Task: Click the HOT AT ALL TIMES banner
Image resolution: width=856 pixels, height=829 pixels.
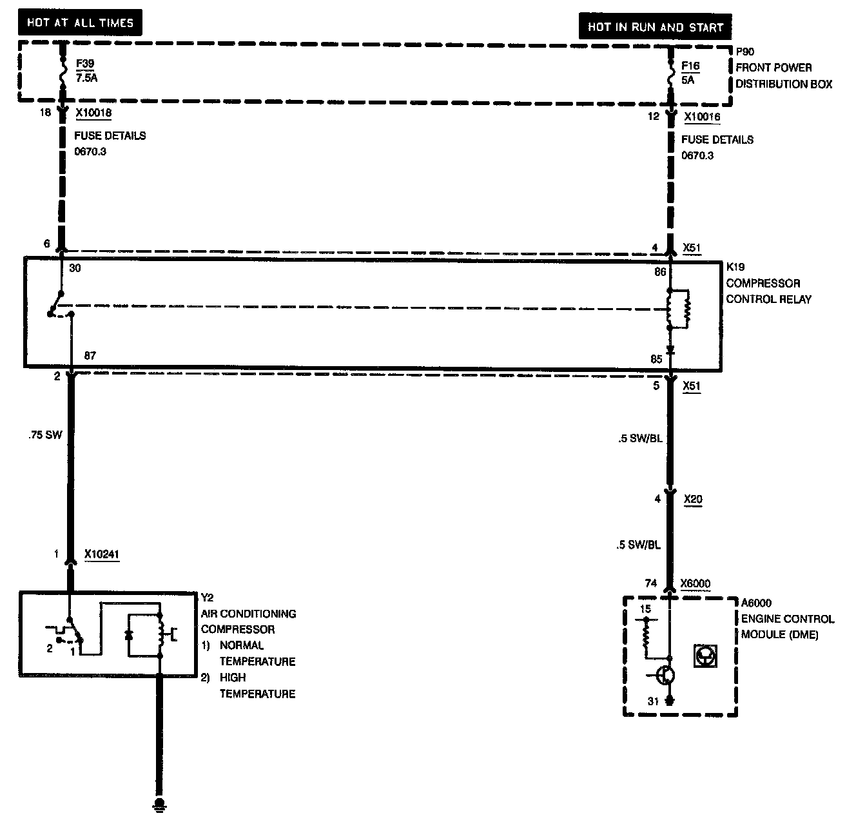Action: coord(81,23)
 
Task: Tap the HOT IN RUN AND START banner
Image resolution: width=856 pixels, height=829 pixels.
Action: coord(656,28)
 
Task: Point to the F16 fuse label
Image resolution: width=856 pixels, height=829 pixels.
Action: coord(690,66)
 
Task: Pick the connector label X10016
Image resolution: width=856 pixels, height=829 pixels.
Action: coord(702,117)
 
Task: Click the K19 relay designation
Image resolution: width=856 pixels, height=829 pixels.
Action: coord(735,267)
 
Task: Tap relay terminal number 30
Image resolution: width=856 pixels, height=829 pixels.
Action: coord(75,268)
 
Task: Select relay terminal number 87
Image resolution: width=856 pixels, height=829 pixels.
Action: coord(90,356)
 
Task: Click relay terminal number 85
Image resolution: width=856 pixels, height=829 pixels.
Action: coord(656,359)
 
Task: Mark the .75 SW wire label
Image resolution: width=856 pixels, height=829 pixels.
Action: coord(45,435)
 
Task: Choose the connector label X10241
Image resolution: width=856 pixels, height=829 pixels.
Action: coord(102,554)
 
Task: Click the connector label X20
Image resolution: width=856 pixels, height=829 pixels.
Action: coord(693,498)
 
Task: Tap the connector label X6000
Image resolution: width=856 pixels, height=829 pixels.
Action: coord(695,584)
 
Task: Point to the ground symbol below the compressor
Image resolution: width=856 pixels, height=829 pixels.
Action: coord(158,804)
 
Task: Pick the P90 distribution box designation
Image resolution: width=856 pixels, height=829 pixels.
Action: coord(745,52)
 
